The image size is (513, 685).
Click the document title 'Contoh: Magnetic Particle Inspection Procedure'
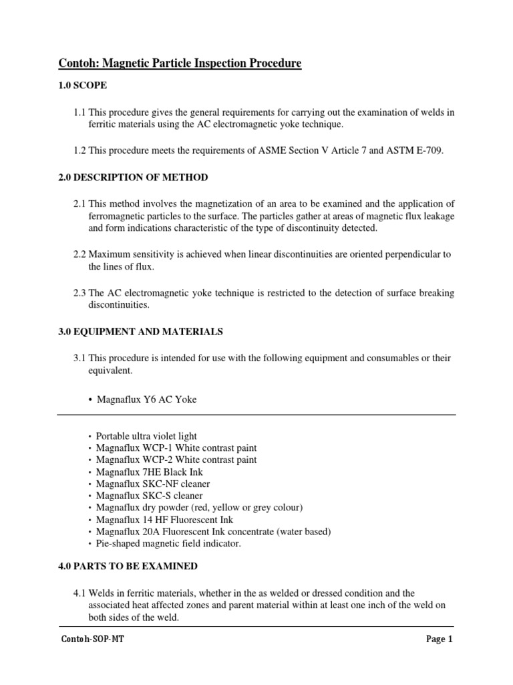[180, 64]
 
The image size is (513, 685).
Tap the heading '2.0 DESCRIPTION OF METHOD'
[132, 177]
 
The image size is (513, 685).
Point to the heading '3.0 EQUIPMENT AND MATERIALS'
[140, 332]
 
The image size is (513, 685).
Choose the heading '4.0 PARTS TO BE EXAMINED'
[128, 566]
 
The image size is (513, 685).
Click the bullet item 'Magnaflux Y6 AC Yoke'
[147, 399]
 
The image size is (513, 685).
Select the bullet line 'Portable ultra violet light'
[146, 436]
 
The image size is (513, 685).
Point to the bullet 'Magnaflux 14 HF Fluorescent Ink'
[165, 520]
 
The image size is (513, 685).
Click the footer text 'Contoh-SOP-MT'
[92, 640]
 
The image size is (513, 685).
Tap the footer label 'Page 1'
[440, 640]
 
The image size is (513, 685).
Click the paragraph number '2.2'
[79, 254]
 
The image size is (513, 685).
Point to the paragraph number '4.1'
[79, 593]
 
